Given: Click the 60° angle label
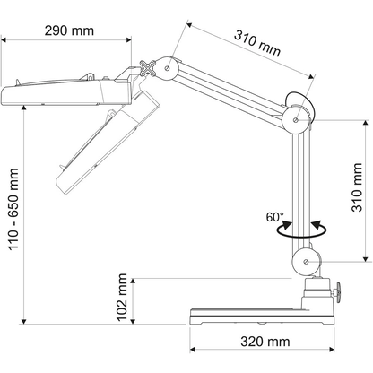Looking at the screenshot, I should (x=274, y=217).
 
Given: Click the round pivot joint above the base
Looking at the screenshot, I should (x=305, y=263).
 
